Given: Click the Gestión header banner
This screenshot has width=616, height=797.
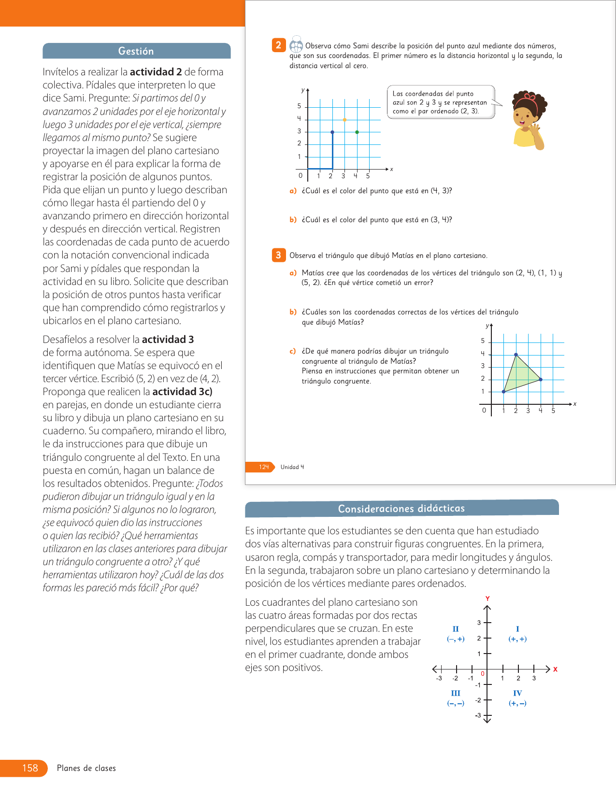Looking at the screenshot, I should (x=136, y=51).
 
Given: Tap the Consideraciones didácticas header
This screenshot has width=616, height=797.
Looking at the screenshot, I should (x=401, y=508).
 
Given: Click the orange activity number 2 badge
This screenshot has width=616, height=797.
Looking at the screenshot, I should (x=278, y=45).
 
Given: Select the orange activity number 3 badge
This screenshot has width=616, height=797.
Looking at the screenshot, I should (x=278, y=255).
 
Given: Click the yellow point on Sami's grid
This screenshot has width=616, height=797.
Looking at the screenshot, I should (x=344, y=120).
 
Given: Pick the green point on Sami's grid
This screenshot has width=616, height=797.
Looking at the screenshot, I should (x=357, y=132).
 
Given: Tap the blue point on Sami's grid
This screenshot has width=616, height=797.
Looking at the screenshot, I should (x=332, y=132).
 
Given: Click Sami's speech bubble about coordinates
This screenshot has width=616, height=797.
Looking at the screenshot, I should (x=440, y=102).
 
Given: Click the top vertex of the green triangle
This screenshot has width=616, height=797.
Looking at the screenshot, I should (x=516, y=355).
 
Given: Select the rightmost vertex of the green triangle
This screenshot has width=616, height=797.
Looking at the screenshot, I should (x=541, y=380).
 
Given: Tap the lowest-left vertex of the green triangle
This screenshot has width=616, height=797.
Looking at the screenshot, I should (x=504, y=392).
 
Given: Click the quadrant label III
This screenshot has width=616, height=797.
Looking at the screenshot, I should (x=456, y=693).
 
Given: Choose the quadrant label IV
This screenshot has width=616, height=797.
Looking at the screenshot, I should (x=517, y=693).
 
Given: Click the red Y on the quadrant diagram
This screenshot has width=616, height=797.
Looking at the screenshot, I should (x=487, y=598).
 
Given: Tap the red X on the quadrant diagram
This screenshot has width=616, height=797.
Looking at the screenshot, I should (x=556, y=669).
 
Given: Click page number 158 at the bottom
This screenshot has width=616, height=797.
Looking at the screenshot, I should (x=30, y=768).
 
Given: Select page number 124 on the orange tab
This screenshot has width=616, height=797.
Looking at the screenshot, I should (x=264, y=467).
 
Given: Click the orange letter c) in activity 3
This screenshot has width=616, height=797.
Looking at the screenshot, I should (x=293, y=351).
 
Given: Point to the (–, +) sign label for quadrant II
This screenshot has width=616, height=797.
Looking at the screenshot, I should (x=456, y=639).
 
